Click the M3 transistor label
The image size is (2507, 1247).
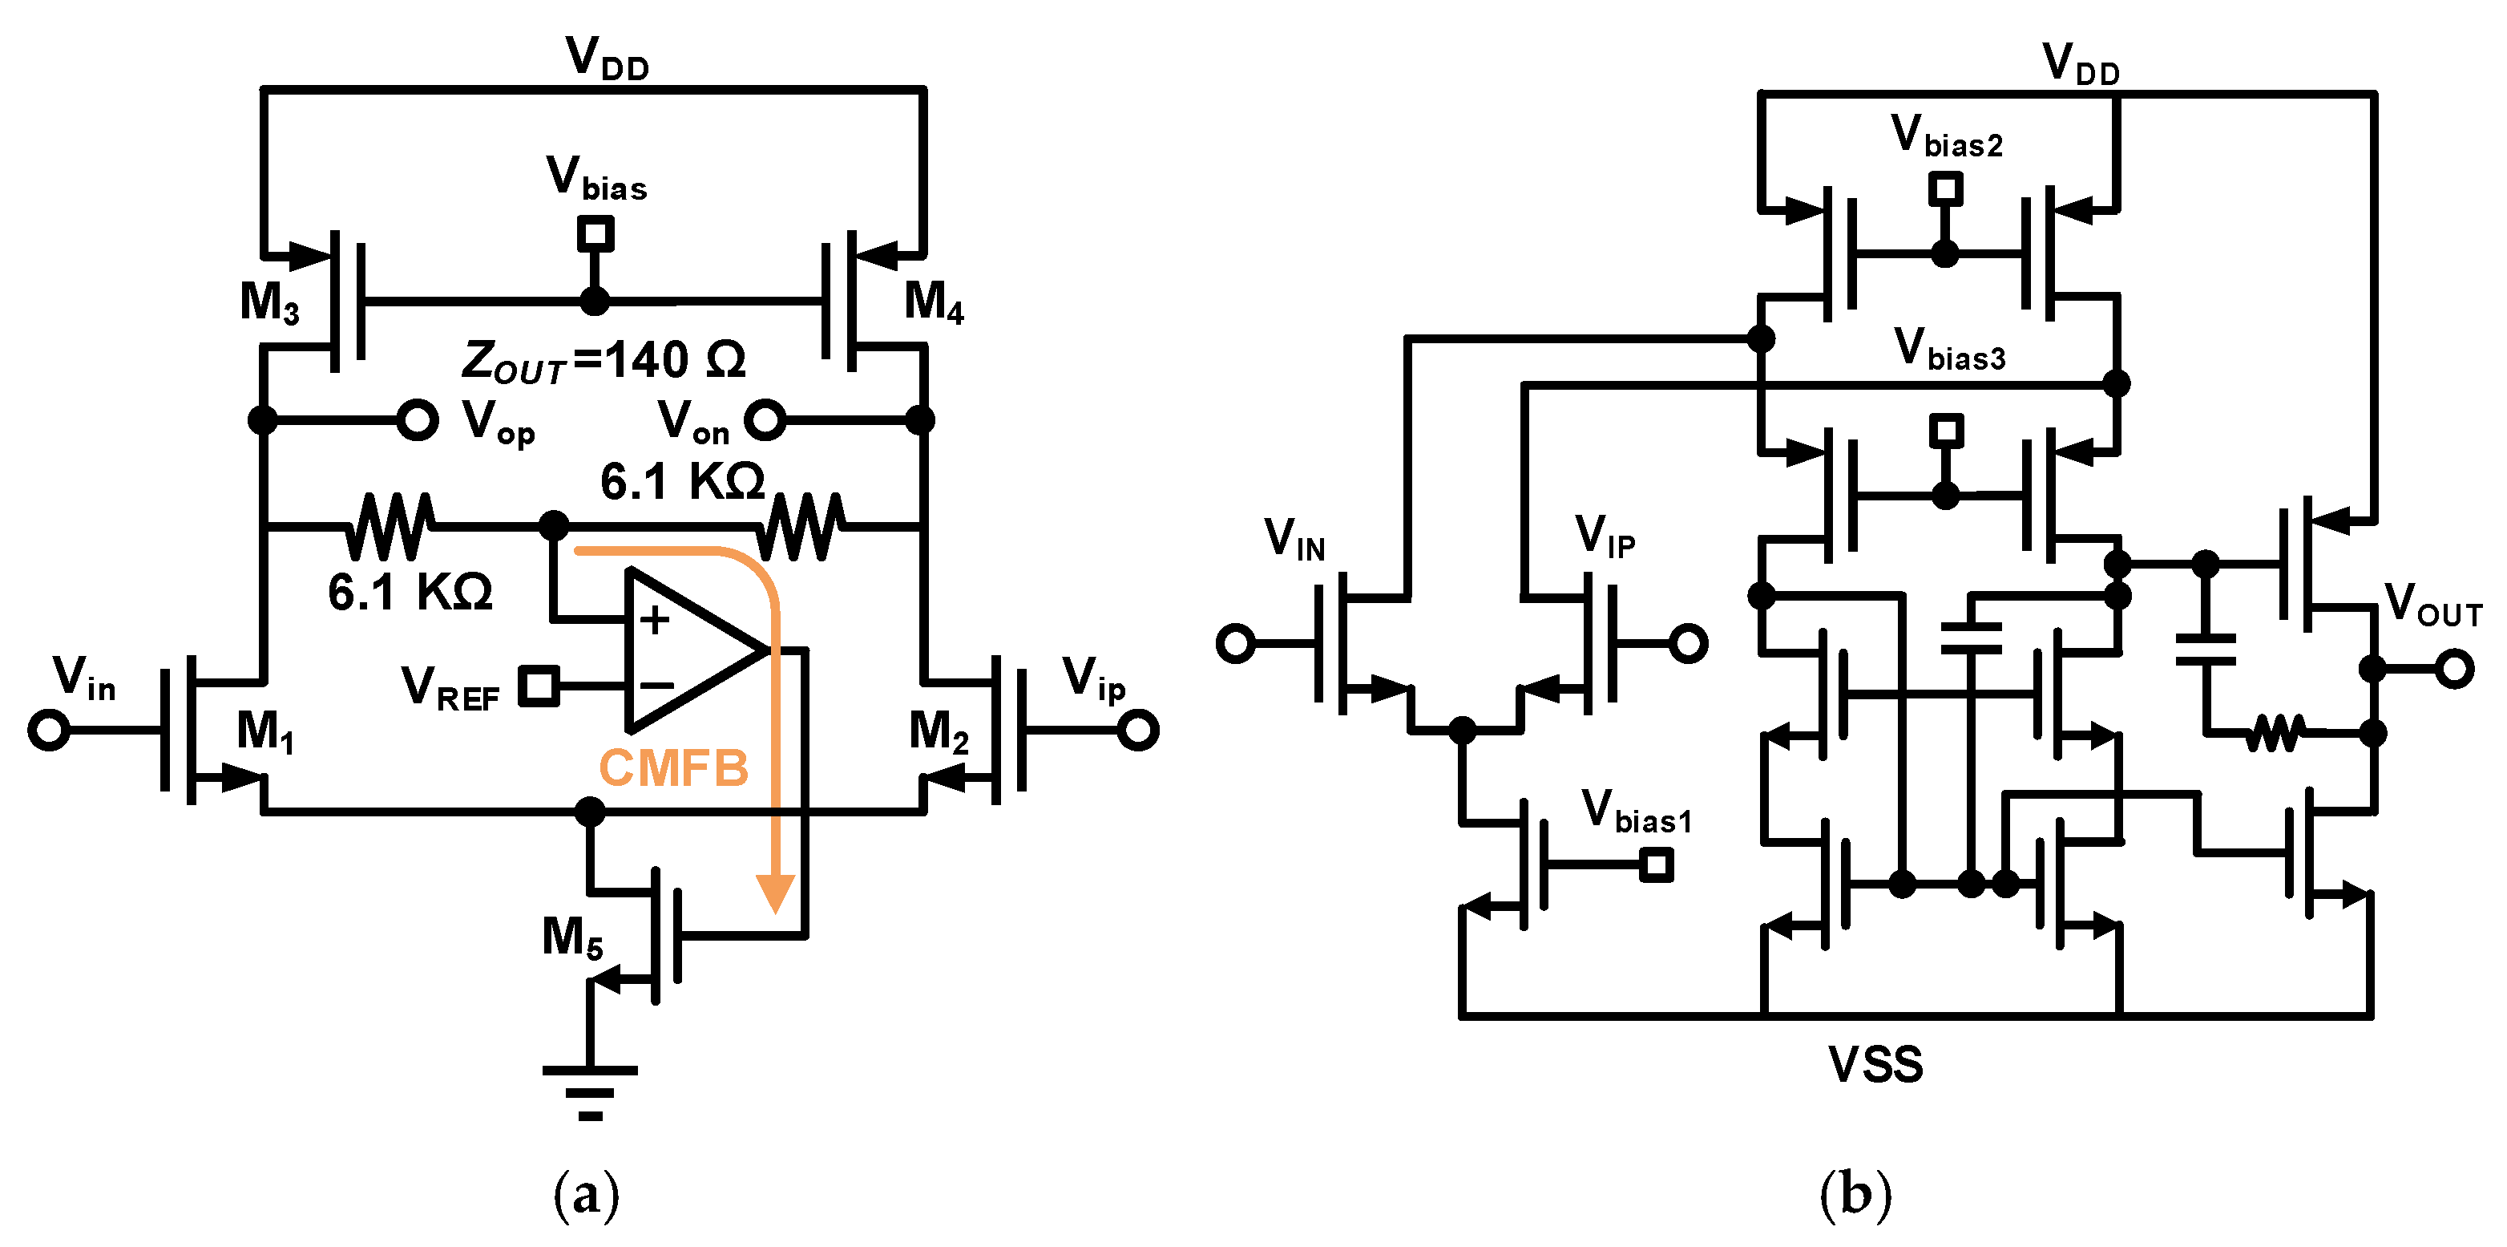tap(268, 303)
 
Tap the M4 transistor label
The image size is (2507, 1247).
tap(932, 301)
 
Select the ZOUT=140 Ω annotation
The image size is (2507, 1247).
tap(604, 361)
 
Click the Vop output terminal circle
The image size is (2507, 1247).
tap(418, 420)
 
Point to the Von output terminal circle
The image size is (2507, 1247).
tap(765, 420)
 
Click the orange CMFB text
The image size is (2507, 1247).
tap(672, 768)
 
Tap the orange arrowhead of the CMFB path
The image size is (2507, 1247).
tap(776, 893)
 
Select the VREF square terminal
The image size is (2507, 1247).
tap(539, 686)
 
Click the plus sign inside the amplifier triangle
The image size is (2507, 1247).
tap(654, 620)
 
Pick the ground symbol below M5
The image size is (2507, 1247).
tap(590, 1091)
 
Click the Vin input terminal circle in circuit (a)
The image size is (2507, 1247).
tap(49, 730)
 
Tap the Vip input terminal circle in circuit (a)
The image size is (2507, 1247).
tap(1138, 730)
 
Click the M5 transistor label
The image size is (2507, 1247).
tap(571, 937)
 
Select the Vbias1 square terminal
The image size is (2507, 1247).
tap(1656, 864)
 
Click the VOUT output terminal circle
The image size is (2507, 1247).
tap(2454, 669)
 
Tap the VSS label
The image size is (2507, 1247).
tap(1875, 1064)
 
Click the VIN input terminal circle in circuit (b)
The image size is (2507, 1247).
tap(1235, 643)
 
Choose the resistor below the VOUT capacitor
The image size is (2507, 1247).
tap(2275, 733)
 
